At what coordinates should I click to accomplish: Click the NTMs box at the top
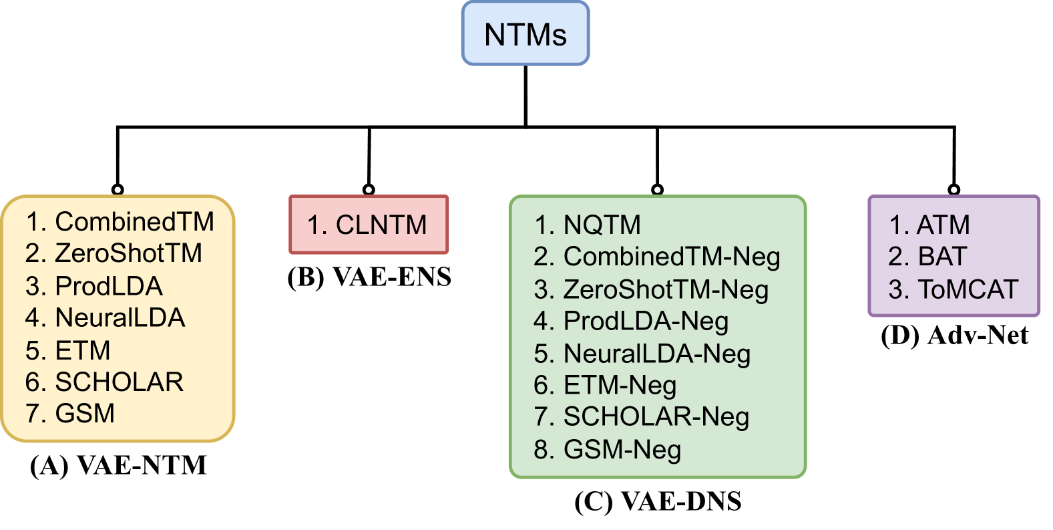[525, 34]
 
